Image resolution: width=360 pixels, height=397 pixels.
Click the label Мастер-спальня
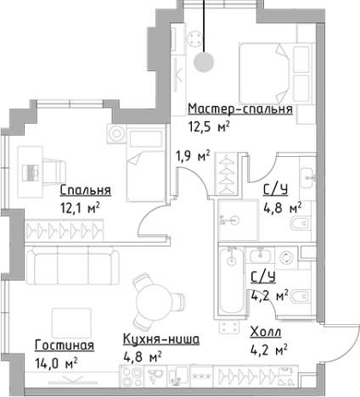point(240,109)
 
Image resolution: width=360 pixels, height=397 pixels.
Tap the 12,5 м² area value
point(208,127)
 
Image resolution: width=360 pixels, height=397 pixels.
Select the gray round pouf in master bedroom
point(203,61)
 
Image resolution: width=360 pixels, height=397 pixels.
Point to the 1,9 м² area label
point(192,155)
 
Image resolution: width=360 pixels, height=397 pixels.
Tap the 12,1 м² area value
point(80,205)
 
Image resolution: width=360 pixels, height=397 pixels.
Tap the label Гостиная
point(65,345)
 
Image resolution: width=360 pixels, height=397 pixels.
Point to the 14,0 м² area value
point(57,361)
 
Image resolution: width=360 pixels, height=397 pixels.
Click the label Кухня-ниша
point(160,339)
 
